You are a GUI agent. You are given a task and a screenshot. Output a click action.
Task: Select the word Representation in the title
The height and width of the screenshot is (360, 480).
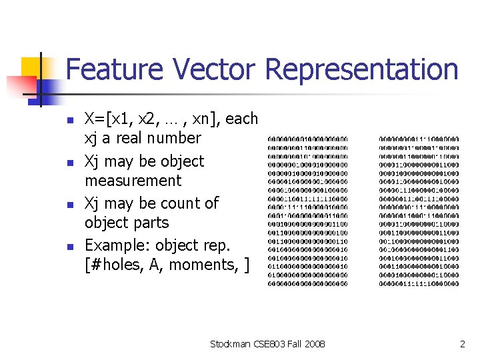click(x=362, y=69)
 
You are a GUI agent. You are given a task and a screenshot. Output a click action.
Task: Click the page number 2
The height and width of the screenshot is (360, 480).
click(x=461, y=344)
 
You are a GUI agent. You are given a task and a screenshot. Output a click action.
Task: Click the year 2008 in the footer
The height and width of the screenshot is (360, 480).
click(x=313, y=344)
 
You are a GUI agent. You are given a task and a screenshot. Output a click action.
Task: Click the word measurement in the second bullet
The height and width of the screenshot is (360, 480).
click(x=133, y=181)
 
